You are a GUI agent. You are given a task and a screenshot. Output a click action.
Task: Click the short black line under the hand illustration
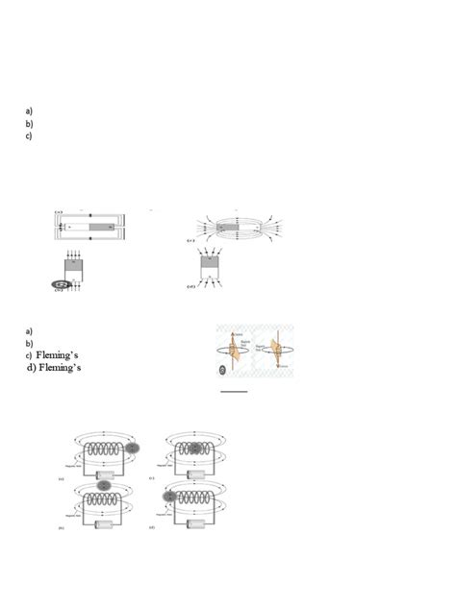[234, 392]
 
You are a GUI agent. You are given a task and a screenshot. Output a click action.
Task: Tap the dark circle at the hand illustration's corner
[223, 368]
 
